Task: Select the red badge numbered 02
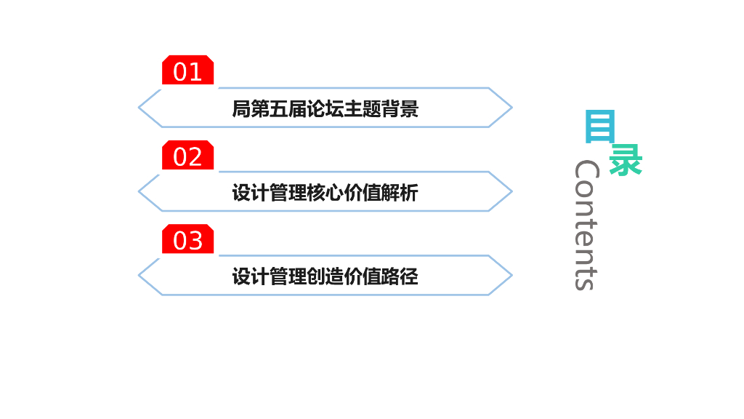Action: (187, 156)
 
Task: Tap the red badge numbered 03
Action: (187, 239)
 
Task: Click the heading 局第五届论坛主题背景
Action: (325, 109)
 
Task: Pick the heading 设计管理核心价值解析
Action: (325, 193)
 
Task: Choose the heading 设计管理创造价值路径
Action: (325, 276)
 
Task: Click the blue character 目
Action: (599, 127)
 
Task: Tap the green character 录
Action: (626, 160)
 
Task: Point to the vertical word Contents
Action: (586, 225)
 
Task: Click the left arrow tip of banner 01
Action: (140, 108)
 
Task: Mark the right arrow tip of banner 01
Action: (511, 108)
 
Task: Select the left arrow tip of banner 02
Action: (140, 192)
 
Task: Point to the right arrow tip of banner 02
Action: (511, 192)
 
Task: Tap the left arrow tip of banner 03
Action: (140, 276)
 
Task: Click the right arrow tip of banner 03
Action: (511, 276)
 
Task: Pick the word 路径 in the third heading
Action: (400, 276)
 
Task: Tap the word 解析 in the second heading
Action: (400, 193)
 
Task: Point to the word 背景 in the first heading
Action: (400, 109)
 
